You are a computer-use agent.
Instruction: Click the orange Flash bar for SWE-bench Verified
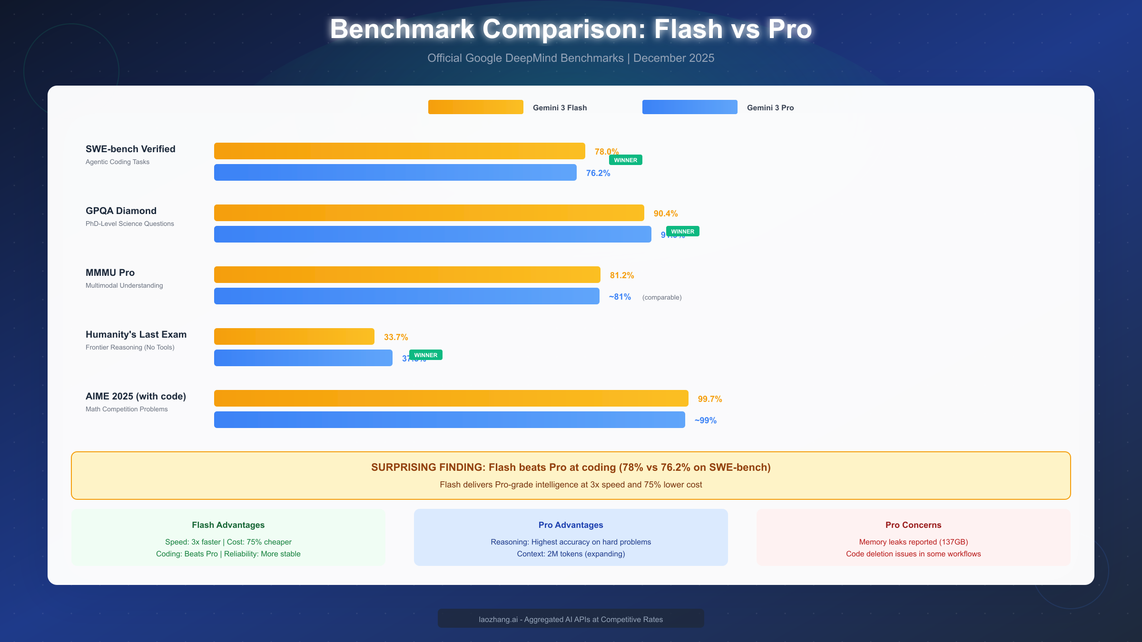[x=400, y=151]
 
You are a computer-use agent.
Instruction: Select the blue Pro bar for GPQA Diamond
[x=433, y=234]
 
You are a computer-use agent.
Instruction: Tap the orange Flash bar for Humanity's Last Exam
[x=294, y=336]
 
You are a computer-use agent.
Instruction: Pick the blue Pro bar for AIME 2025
[x=450, y=419]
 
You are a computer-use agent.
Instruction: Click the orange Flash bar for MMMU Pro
[x=407, y=274]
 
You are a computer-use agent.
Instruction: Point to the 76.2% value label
[x=598, y=173]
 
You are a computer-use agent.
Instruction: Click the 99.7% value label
[x=710, y=399]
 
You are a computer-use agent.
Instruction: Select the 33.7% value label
[x=396, y=337]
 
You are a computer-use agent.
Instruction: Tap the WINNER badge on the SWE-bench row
[x=626, y=160]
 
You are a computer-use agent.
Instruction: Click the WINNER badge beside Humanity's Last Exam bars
[x=426, y=355]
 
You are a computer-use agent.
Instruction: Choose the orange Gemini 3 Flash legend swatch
[x=476, y=107]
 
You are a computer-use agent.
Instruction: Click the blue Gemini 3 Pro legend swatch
[x=690, y=107]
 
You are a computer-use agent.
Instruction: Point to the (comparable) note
[x=662, y=297]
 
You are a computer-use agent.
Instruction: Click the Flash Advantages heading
[x=228, y=525]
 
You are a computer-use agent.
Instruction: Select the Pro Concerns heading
[x=914, y=525]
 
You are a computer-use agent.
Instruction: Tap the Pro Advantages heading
[x=571, y=525]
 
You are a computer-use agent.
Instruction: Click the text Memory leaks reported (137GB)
[x=914, y=542]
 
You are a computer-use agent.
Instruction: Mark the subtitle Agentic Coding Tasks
[x=118, y=162]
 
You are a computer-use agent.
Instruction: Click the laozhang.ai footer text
[x=571, y=619]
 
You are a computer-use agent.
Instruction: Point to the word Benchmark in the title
[x=403, y=29]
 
